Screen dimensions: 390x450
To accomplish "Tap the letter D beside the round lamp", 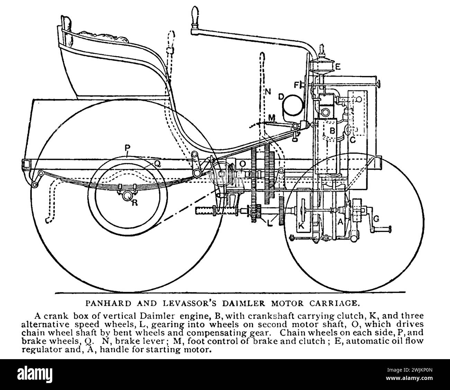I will coord(281,96).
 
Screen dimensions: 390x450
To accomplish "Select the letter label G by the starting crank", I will coord(376,219).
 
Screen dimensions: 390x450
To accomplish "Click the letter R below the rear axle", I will coord(135,203).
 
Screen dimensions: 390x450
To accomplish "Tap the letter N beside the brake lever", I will coord(268,92).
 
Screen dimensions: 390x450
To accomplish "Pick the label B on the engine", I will coord(332,131).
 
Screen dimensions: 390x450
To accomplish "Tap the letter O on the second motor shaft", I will coord(243,163).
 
